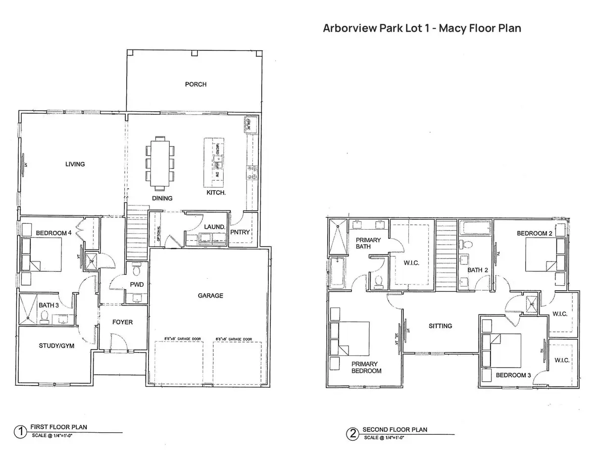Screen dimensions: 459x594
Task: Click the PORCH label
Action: [x=196, y=84]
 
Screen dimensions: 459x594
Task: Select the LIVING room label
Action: [x=75, y=164]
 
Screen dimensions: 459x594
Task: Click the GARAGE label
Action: [x=211, y=296]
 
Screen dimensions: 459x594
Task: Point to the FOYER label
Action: [x=122, y=322]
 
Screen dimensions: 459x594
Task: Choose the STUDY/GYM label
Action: [x=56, y=346]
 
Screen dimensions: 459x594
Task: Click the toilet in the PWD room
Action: [x=137, y=271]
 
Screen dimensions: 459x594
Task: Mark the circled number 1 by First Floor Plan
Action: [x=20, y=432]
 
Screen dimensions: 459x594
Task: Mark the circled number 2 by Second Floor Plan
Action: [x=352, y=434]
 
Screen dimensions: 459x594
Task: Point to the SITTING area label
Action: [x=440, y=326]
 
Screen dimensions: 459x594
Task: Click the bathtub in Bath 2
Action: [x=475, y=229]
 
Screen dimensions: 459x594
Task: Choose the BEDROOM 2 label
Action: [x=535, y=233]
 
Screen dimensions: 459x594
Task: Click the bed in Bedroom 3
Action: [x=505, y=350]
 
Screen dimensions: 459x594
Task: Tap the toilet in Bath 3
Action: [x=44, y=316]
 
